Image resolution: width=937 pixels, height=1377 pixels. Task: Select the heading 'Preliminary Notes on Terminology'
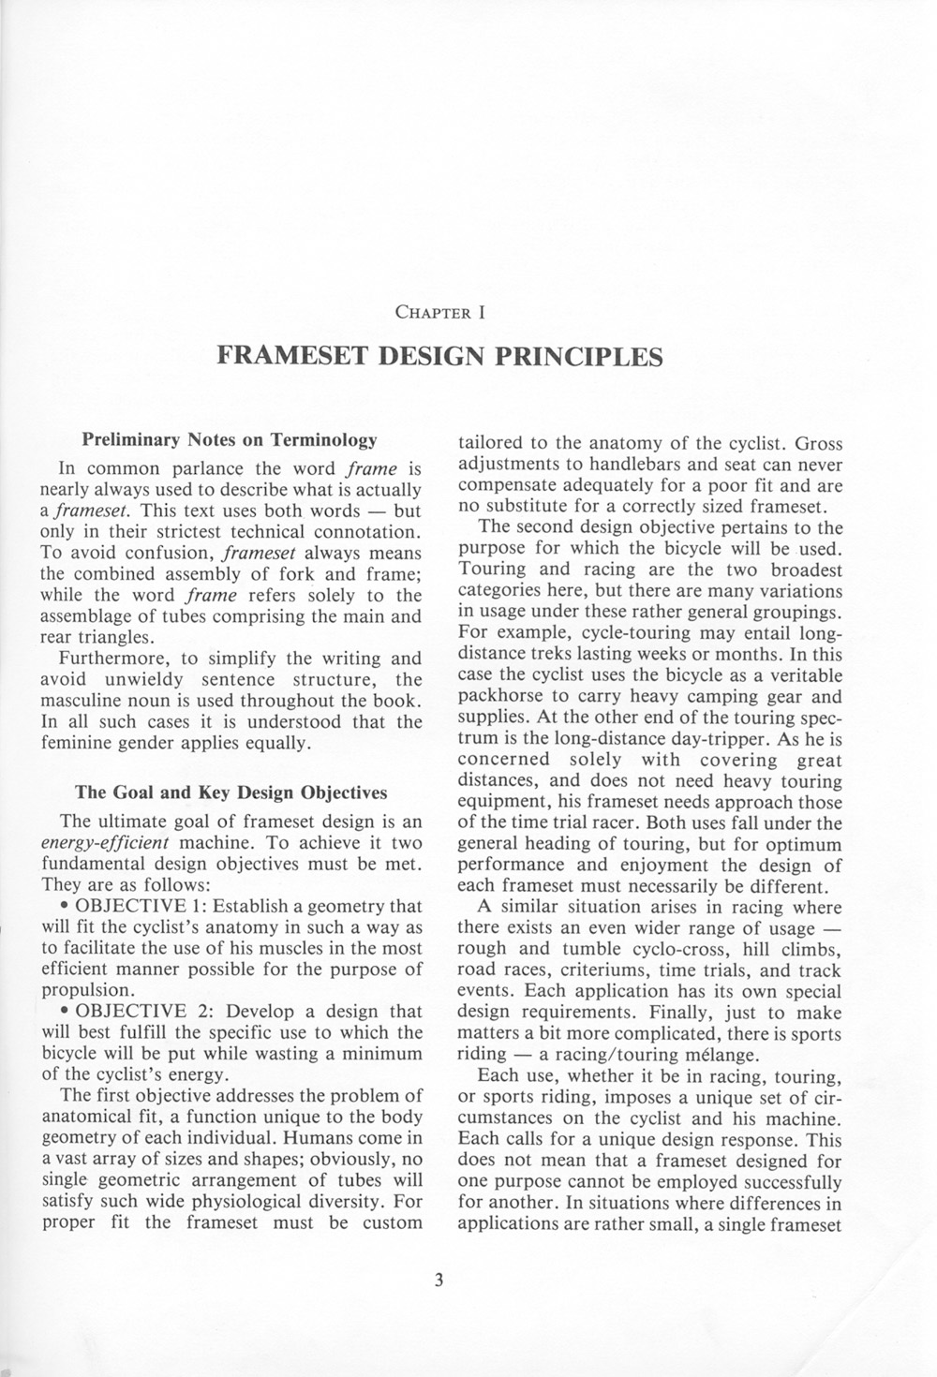tap(230, 438)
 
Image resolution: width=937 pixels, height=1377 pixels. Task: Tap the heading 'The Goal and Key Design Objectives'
tap(231, 792)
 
